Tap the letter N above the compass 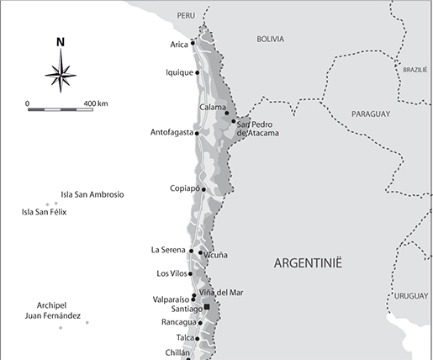(x=61, y=41)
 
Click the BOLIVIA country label (x=270, y=39)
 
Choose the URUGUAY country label (x=409, y=296)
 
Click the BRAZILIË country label (x=415, y=71)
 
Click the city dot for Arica (x=193, y=43)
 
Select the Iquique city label (x=180, y=72)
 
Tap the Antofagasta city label (x=172, y=132)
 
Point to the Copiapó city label (x=184, y=188)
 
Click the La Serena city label (x=168, y=250)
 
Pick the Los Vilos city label (x=172, y=273)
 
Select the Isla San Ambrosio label (x=92, y=194)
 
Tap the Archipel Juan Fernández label (x=58, y=310)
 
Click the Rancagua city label (x=178, y=322)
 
